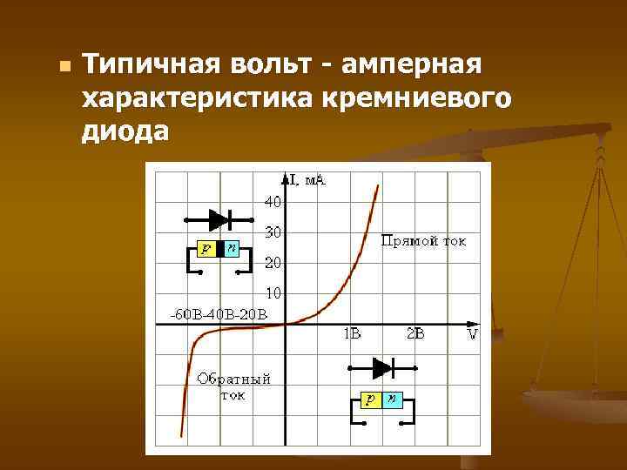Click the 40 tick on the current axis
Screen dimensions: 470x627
tap(273, 202)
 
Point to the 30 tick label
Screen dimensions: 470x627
tap(273, 233)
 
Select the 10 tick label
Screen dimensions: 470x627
tap(273, 293)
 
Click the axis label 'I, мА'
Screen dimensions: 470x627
tap(304, 180)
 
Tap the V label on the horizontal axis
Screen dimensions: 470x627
tap(473, 334)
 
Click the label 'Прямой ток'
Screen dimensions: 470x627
tap(424, 241)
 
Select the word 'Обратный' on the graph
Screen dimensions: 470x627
tap(234, 379)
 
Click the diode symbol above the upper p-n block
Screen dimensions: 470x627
tap(219, 219)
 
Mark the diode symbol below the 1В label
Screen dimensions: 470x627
tap(383, 367)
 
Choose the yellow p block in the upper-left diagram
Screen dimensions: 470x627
tap(206, 250)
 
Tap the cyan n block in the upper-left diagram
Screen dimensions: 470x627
tap(231, 250)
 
